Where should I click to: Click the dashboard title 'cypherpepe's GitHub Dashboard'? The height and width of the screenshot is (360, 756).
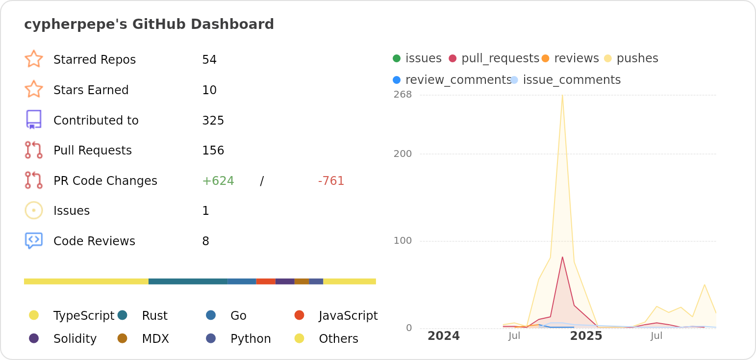(149, 24)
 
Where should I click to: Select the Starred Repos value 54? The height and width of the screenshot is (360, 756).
(209, 60)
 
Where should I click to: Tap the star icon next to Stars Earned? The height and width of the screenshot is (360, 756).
(34, 89)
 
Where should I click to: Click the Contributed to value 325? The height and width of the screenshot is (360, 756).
(213, 121)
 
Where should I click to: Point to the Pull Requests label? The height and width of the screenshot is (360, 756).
(92, 151)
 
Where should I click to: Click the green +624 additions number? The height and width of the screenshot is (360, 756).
(218, 181)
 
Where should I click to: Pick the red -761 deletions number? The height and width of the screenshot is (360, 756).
(331, 181)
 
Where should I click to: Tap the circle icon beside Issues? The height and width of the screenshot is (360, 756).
(34, 210)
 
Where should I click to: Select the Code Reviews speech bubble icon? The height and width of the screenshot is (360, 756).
(34, 241)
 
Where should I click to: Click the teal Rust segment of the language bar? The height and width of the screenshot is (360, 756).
(188, 282)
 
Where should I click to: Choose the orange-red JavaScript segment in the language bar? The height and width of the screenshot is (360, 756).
(266, 282)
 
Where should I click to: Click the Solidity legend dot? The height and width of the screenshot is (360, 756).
(34, 338)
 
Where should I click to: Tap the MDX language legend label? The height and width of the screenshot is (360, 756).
(155, 339)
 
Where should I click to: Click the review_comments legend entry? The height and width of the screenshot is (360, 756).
(458, 80)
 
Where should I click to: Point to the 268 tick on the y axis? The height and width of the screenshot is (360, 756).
(403, 95)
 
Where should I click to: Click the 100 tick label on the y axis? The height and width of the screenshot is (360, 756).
(403, 241)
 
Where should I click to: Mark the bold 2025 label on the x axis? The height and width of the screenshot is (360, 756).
(586, 336)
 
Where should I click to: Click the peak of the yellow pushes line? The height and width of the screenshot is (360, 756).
(562, 96)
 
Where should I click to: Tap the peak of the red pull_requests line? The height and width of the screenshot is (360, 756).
(562, 257)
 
